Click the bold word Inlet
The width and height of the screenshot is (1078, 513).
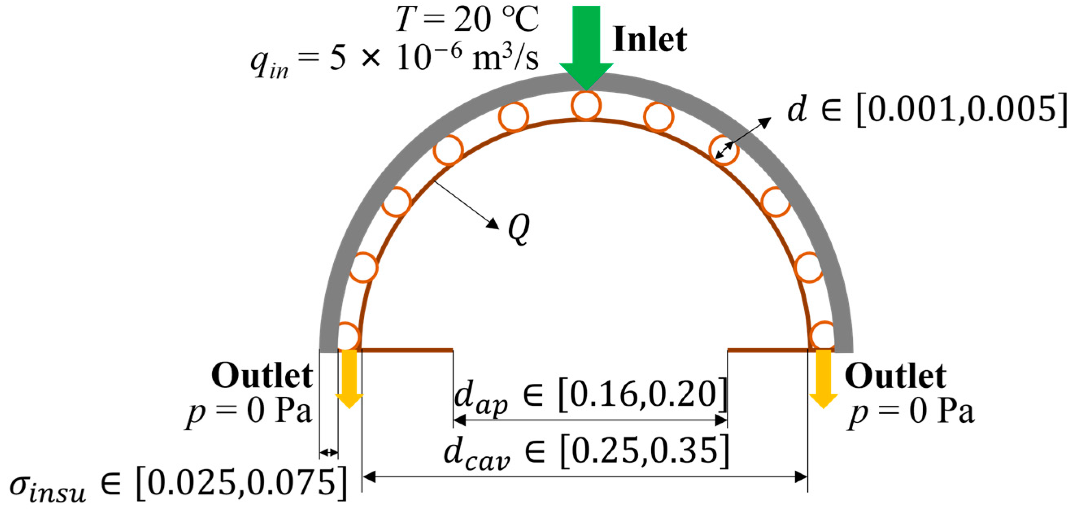pyautogui.click(x=650, y=40)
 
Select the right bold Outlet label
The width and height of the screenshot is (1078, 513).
pyautogui.click(x=895, y=376)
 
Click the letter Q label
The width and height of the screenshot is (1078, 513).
pyautogui.click(x=519, y=228)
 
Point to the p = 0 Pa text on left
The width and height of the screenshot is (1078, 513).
pyautogui.click(x=249, y=412)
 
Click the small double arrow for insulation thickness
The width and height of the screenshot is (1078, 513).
pyautogui.click(x=328, y=452)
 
